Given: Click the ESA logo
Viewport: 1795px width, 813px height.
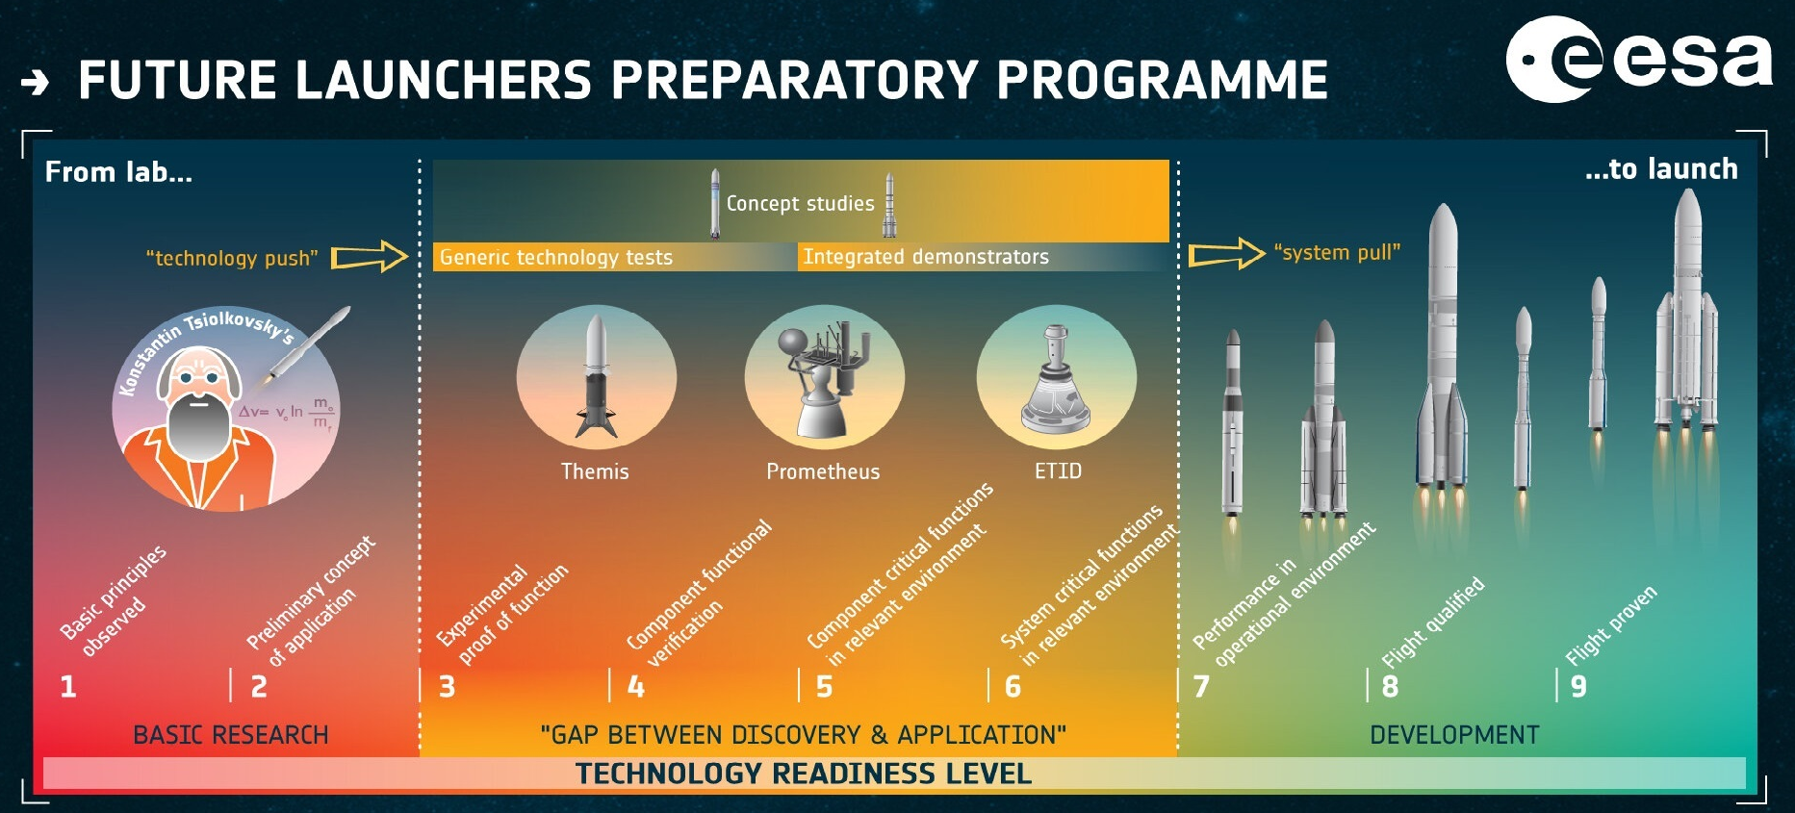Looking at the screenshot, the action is pyautogui.click(x=1638, y=60).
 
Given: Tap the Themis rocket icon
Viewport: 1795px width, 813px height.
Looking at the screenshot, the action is pyautogui.click(x=597, y=378).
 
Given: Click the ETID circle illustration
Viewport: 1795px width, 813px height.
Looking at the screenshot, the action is pyautogui.click(x=1057, y=377).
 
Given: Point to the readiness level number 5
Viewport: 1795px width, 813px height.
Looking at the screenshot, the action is pyautogui.click(x=825, y=686).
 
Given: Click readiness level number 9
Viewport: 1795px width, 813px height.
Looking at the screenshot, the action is pyautogui.click(x=1578, y=686).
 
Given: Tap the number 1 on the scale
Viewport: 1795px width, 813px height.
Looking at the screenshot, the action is pyautogui.click(x=68, y=686).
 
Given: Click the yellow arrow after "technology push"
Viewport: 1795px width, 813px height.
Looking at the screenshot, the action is pyautogui.click(x=370, y=257).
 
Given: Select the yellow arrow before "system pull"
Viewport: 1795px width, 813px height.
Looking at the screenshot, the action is pyautogui.click(x=1226, y=254).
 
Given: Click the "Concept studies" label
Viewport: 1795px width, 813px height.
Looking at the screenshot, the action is pyautogui.click(x=800, y=203).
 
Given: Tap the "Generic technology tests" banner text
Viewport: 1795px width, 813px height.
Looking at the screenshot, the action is pyautogui.click(x=556, y=257).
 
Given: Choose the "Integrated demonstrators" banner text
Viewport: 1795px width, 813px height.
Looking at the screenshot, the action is pyautogui.click(x=926, y=257).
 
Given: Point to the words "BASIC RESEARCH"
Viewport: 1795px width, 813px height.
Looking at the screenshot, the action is pyautogui.click(x=231, y=735).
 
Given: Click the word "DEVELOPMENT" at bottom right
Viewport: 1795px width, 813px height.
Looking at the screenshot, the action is pyautogui.click(x=1454, y=735).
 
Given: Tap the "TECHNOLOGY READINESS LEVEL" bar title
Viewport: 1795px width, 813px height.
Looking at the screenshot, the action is pyautogui.click(x=804, y=774).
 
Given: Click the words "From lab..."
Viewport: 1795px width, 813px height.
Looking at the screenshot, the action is pyautogui.click(x=118, y=172).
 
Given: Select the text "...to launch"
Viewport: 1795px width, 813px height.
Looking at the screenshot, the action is pyautogui.click(x=1661, y=169).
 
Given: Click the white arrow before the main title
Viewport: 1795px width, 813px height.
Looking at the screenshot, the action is pyautogui.click(x=36, y=83).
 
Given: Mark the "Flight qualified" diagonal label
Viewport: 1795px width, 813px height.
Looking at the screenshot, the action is pyautogui.click(x=1433, y=622).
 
